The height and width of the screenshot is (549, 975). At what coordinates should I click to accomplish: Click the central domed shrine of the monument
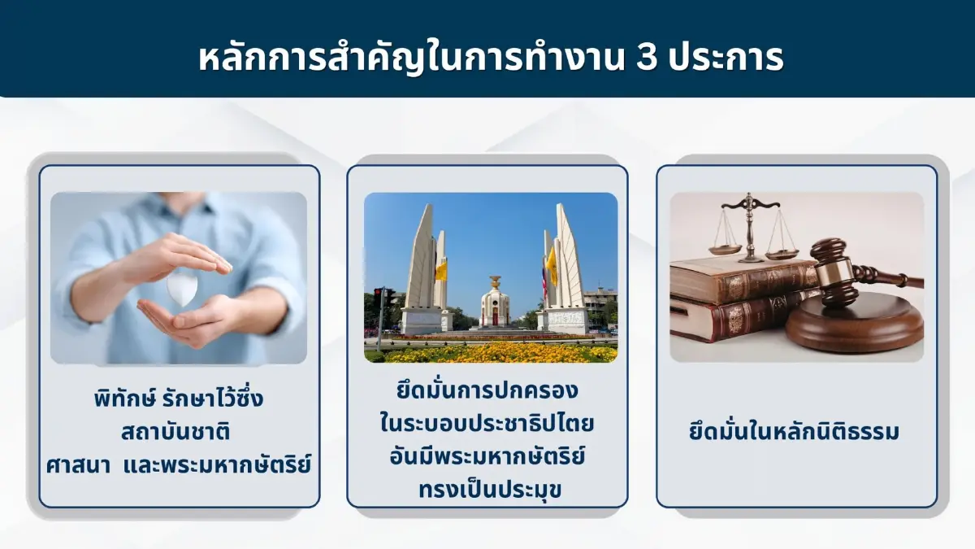494,303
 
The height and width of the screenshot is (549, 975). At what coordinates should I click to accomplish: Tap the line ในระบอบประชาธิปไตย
487,425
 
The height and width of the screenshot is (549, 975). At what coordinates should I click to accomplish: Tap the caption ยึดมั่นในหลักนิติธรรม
795,432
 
